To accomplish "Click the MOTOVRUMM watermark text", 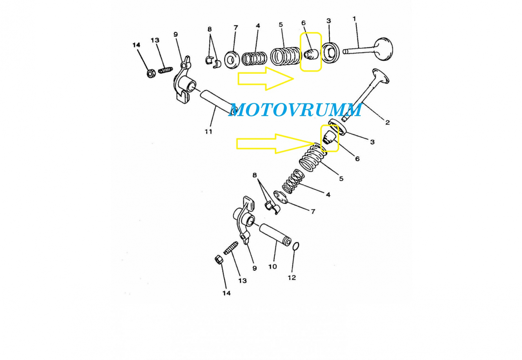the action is (x=295, y=110).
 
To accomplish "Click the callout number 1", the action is (x=354, y=19).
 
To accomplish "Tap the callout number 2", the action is (x=387, y=122).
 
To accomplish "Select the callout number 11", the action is (x=208, y=131).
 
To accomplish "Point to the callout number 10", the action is (x=272, y=266).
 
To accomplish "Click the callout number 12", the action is (x=292, y=277).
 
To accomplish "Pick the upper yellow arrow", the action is (x=265, y=79).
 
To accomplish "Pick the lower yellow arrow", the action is (x=274, y=143).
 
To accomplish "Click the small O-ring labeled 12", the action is (x=296, y=246).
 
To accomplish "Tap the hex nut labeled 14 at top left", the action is (x=150, y=73).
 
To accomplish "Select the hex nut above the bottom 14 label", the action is (x=219, y=260).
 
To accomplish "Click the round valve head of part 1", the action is (x=384, y=49).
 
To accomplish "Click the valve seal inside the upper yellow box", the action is (x=311, y=54).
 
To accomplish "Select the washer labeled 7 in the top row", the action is (x=232, y=60).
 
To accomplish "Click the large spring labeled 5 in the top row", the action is (x=284, y=56).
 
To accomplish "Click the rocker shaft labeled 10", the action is (x=275, y=234).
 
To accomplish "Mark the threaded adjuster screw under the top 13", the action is (x=165, y=70).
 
